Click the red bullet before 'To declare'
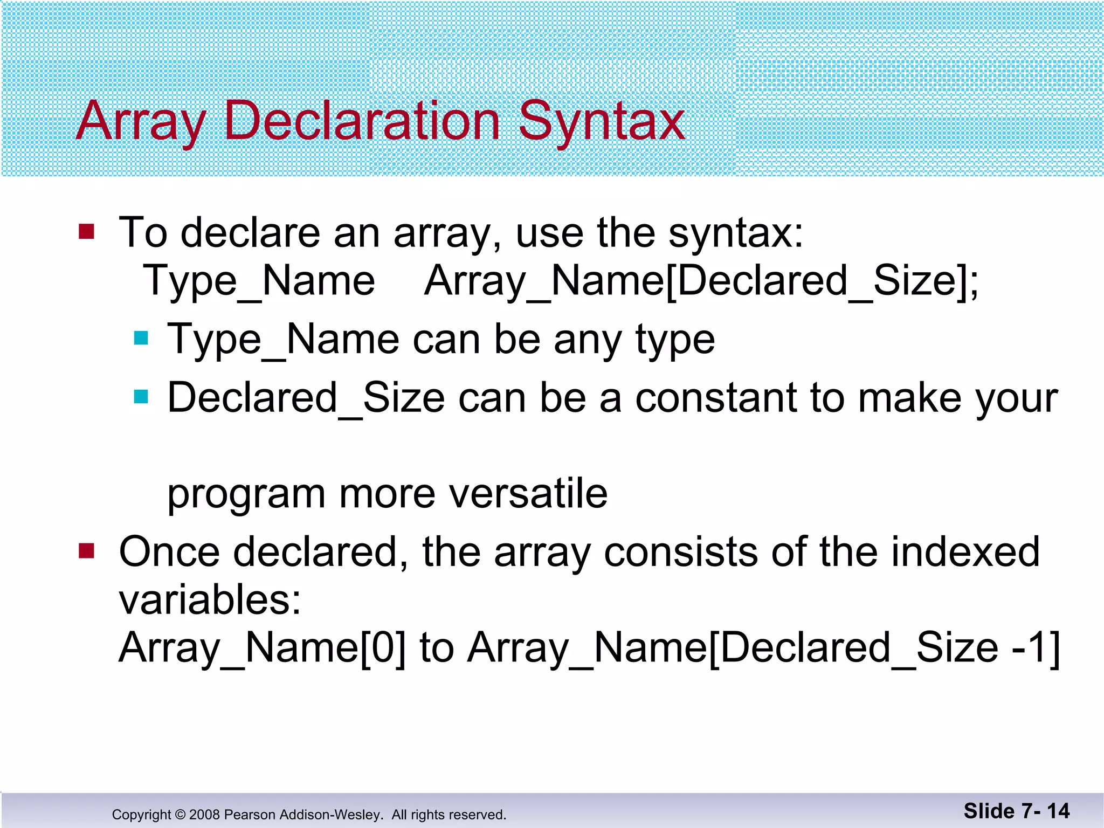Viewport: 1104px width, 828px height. [x=86, y=232]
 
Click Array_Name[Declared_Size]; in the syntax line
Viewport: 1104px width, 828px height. [x=701, y=281]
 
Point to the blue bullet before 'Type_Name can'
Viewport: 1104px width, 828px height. [x=141, y=339]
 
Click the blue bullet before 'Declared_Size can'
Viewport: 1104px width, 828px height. [x=141, y=397]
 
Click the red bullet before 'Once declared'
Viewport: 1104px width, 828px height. [x=86, y=551]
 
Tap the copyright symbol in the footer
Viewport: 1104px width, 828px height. [x=180, y=815]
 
